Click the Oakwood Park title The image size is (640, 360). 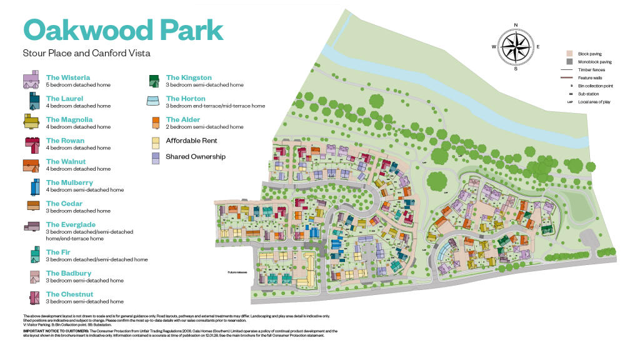tap(123, 29)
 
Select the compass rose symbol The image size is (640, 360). tap(516, 47)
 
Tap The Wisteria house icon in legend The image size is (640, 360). tap(31, 81)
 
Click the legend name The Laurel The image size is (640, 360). tap(64, 99)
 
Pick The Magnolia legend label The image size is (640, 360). tap(69, 119)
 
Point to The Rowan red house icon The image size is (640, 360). tap(31, 144)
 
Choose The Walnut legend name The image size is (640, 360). tap(66, 162)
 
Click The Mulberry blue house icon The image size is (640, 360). tap(31, 186)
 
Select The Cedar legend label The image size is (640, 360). tap(64, 204)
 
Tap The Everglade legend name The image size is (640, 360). tap(71, 224)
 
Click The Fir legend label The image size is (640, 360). tap(58, 252)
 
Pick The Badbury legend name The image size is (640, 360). tap(69, 273)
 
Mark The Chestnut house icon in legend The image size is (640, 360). tap(31, 297)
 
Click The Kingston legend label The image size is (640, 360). tap(189, 77)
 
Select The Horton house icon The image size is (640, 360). tap(153, 101)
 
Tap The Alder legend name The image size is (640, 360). tap(183, 119)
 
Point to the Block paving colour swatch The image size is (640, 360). tap(569, 54)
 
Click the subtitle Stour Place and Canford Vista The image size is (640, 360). tap(86, 53)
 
